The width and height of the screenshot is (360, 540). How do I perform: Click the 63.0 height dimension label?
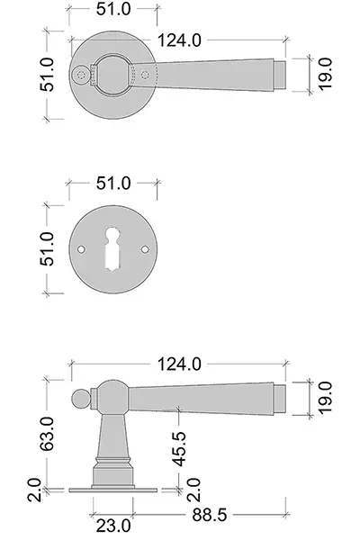[x=47, y=434]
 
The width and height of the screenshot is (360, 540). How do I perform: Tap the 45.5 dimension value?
[x=179, y=449]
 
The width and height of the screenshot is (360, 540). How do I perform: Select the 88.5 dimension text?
[x=210, y=515]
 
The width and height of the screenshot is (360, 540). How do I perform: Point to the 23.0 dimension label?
[x=113, y=526]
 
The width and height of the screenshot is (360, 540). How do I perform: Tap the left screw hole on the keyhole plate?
[x=81, y=249]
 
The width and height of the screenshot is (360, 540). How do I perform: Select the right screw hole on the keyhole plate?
[x=145, y=249]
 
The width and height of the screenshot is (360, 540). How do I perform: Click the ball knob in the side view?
[x=81, y=399]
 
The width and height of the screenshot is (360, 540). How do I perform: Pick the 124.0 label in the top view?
[x=179, y=40]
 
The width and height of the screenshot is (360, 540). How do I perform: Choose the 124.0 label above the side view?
[x=179, y=364]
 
